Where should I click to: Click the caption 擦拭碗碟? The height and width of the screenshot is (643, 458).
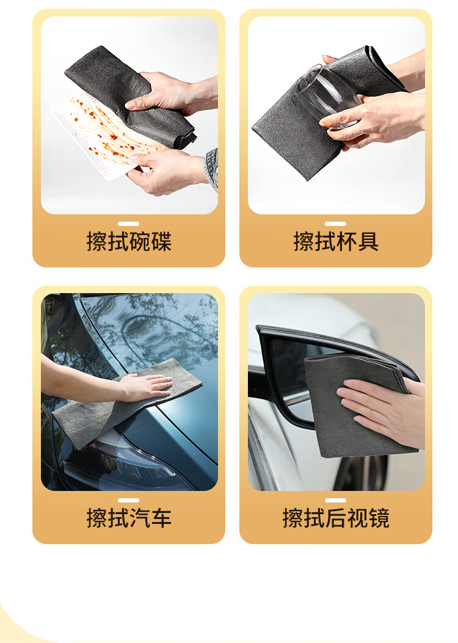[x=129, y=241]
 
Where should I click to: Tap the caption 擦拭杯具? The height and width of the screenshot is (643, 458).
[x=336, y=241]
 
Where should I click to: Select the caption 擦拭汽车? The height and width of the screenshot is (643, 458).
[x=129, y=518]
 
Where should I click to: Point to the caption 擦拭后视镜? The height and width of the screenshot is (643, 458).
[x=336, y=518]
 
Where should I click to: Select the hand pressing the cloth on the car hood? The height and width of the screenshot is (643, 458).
[x=145, y=387]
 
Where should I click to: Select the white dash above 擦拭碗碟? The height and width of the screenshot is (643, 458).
[x=128, y=224]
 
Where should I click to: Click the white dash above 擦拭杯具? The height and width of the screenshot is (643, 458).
[x=335, y=224]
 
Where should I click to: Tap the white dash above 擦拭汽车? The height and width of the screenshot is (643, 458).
[x=128, y=500]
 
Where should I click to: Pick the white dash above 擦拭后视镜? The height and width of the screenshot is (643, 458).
[x=335, y=500]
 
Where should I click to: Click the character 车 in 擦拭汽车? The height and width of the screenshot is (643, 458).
[x=161, y=518]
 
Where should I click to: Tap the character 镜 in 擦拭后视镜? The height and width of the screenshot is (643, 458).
[x=379, y=518]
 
